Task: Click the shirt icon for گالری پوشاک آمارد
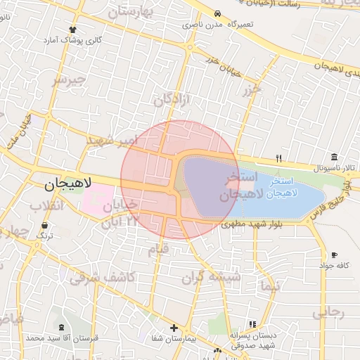(x=72, y=30)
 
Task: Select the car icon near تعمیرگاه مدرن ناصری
(x=218, y=14)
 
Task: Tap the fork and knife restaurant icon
(x=278, y=157)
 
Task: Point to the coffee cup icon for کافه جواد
(x=334, y=255)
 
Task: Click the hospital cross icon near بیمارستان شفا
(x=174, y=328)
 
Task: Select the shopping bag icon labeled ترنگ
(x=45, y=226)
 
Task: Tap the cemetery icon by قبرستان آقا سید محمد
(x=62, y=328)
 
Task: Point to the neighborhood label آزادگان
(x=172, y=100)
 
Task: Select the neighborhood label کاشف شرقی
(x=102, y=277)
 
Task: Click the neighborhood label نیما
(x=269, y=286)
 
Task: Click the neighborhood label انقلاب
(x=46, y=206)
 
